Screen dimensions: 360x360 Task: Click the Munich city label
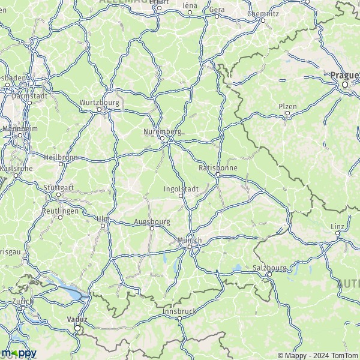click(x=190, y=240)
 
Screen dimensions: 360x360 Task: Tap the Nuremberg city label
click(x=162, y=131)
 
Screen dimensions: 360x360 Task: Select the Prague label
click(x=344, y=75)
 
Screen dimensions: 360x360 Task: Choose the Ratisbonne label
click(x=218, y=168)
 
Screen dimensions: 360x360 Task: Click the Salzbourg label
click(x=268, y=267)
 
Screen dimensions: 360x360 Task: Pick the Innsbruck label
click(x=179, y=311)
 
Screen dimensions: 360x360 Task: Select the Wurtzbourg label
click(x=100, y=103)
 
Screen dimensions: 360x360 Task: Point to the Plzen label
click(x=287, y=106)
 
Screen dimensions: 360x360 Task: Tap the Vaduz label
click(x=77, y=320)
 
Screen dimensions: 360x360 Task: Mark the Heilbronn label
click(x=61, y=157)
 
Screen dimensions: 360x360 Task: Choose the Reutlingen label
click(x=61, y=211)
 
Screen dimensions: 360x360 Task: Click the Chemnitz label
click(x=263, y=13)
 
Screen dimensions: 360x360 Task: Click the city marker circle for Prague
click(x=345, y=85)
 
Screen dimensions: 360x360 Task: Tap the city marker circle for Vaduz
click(x=77, y=328)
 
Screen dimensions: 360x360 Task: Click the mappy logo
click(x=19, y=353)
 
